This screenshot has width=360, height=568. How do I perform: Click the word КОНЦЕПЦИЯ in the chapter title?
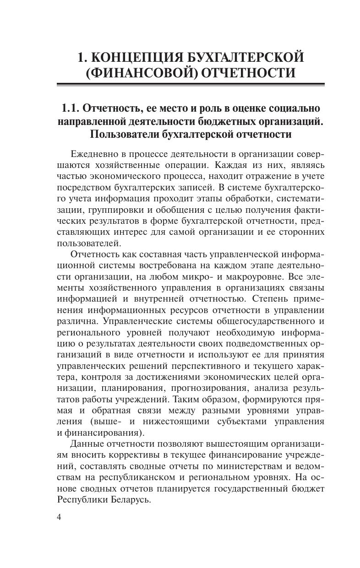click(137, 58)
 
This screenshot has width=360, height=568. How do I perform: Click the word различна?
click(76, 321)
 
